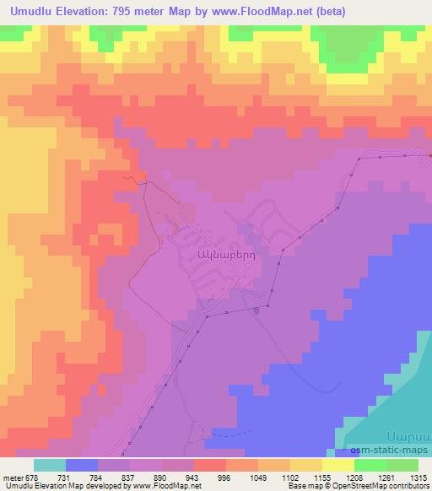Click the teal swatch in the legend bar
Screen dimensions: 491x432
tap(50, 465)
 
